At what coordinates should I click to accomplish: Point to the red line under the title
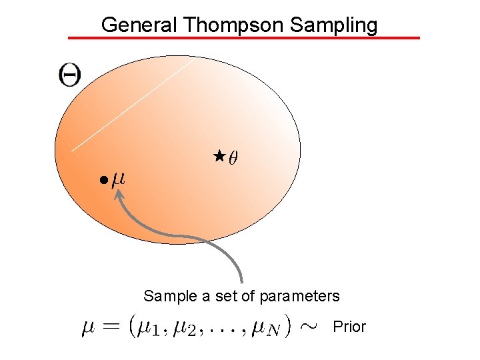pyautogui.click(x=245, y=38)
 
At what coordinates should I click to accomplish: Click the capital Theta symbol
pyautogui.click(x=69, y=74)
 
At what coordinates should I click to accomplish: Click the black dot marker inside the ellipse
pyautogui.click(x=103, y=180)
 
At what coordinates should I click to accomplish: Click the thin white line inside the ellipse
pyautogui.click(x=130, y=107)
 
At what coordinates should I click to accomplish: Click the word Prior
pyautogui.click(x=349, y=327)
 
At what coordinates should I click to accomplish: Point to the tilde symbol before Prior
pyautogui.click(x=309, y=326)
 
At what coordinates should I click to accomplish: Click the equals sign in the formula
pyautogui.click(x=114, y=326)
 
